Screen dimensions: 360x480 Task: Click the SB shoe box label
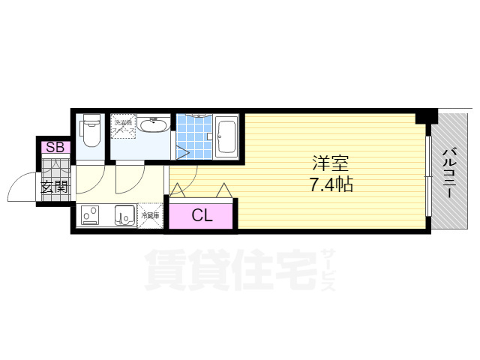pos(55,148)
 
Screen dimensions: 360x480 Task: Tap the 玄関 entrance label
pos(54,186)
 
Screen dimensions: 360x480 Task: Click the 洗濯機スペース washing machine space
pos(122,127)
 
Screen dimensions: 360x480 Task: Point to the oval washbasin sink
pos(156,124)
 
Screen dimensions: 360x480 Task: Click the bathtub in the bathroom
pos(226,136)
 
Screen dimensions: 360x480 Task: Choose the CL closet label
pos(202,216)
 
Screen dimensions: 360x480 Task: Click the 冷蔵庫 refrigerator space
pos(151,215)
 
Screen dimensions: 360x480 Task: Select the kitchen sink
pos(124,215)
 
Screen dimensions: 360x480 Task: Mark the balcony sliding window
pos(429,176)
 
